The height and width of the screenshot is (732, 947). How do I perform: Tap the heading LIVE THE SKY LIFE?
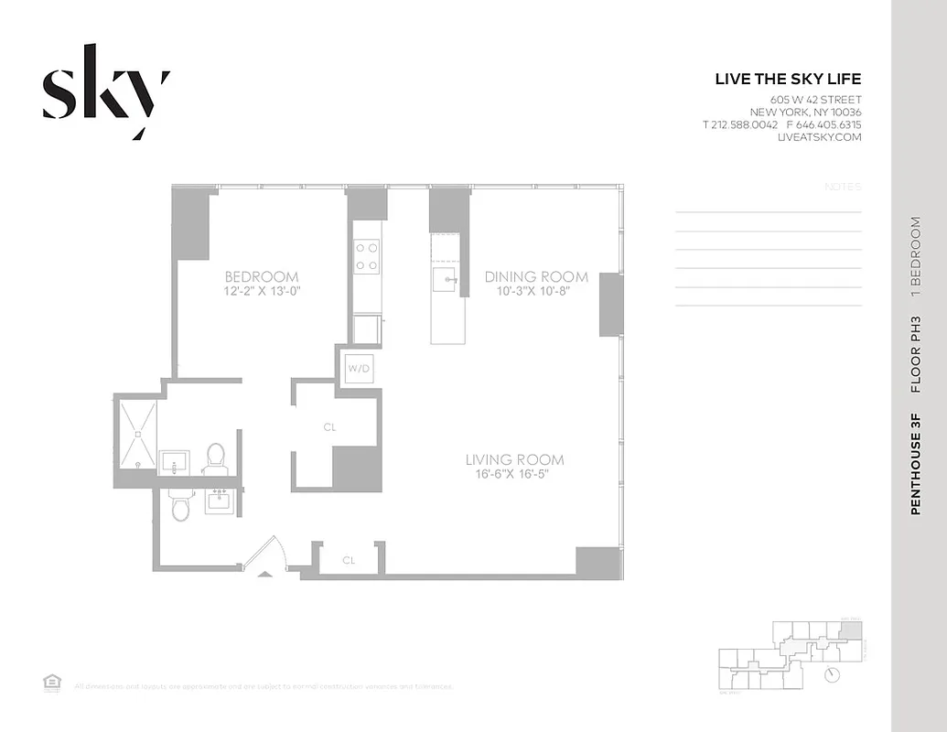point(788,80)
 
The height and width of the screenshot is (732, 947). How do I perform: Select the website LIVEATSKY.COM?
point(819,137)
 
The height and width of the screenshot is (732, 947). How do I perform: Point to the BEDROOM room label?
point(262,277)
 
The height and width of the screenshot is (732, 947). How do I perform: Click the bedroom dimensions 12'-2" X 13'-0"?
point(262,292)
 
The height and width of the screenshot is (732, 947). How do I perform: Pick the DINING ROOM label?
point(536,277)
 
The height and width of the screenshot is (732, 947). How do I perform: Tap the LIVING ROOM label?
point(514,459)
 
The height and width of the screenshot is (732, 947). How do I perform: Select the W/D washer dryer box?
point(356,369)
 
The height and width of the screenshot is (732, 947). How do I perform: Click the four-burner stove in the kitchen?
point(367,255)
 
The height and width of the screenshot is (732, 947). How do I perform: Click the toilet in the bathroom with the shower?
point(215,457)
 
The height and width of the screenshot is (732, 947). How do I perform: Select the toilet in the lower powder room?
point(180,504)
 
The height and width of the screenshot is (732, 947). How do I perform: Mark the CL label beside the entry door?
point(349,559)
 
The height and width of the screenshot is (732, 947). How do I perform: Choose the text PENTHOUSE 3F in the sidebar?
point(915,465)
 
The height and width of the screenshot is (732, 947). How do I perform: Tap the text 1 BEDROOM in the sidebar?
point(915,257)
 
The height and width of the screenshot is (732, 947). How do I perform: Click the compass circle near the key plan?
point(831,675)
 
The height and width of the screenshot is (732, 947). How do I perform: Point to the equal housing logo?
point(51,682)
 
